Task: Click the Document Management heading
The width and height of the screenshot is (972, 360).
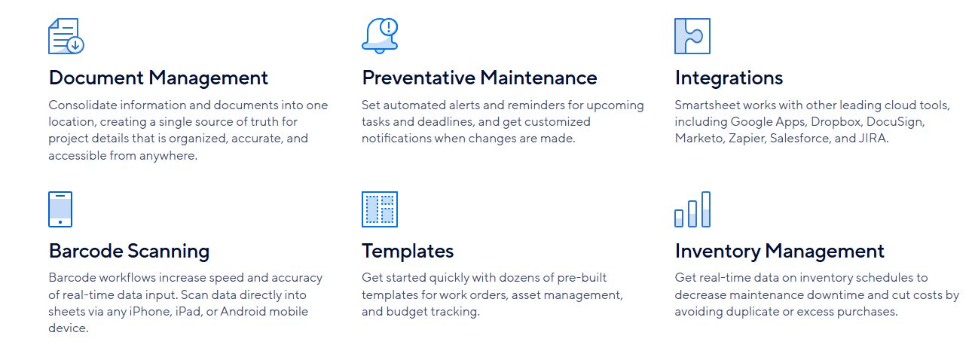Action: [x=158, y=78]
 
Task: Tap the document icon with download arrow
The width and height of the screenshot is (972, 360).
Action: [x=66, y=36]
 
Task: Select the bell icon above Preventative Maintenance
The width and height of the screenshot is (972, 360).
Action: [x=380, y=36]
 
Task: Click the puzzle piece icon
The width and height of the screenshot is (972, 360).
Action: [x=692, y=36]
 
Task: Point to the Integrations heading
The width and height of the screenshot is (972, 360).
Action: [x=729, y=78]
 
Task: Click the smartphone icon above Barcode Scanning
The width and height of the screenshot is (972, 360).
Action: [x=60, y=209]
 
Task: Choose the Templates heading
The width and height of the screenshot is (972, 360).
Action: [x=408, y=251]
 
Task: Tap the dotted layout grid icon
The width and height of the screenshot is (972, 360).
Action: [x=380, y=209]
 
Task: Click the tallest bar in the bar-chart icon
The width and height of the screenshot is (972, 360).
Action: [x=706, y=209]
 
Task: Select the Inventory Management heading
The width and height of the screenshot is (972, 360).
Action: [x=779, y=251]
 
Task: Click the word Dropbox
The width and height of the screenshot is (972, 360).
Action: [x=836, y=122]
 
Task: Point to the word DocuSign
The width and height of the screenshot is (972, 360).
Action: [x=895, y=122]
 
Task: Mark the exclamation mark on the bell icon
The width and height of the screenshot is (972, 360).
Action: [x=389, y=27]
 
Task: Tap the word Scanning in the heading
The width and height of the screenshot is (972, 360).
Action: [x=168, y=252]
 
